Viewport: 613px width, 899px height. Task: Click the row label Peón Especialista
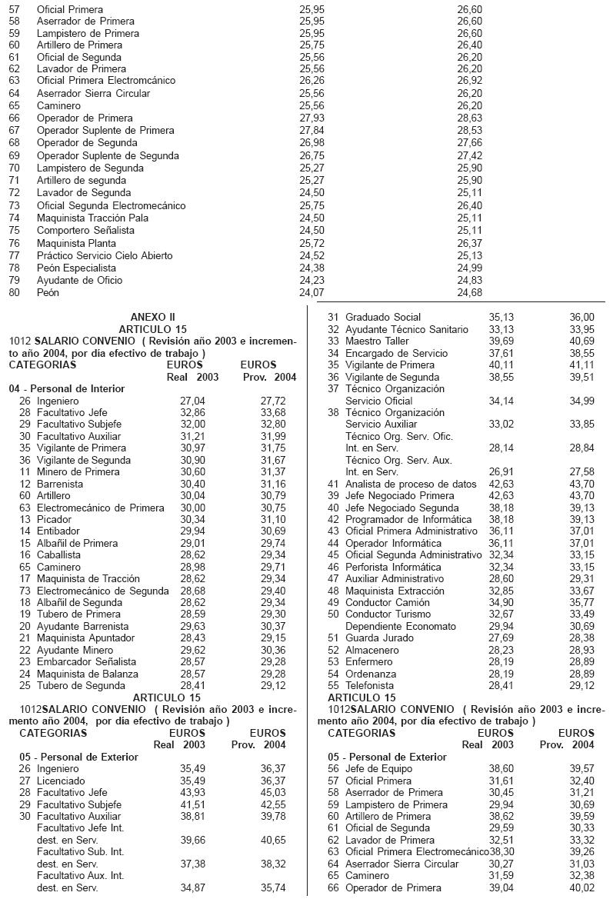coord(75,268)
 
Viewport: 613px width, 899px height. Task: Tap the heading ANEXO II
coord(153,316)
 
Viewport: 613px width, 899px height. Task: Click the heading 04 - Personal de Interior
coord(67,388)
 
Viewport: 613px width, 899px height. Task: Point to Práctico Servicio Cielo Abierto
coord(105,255)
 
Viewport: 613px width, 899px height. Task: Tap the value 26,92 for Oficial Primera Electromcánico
coord(468,80)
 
